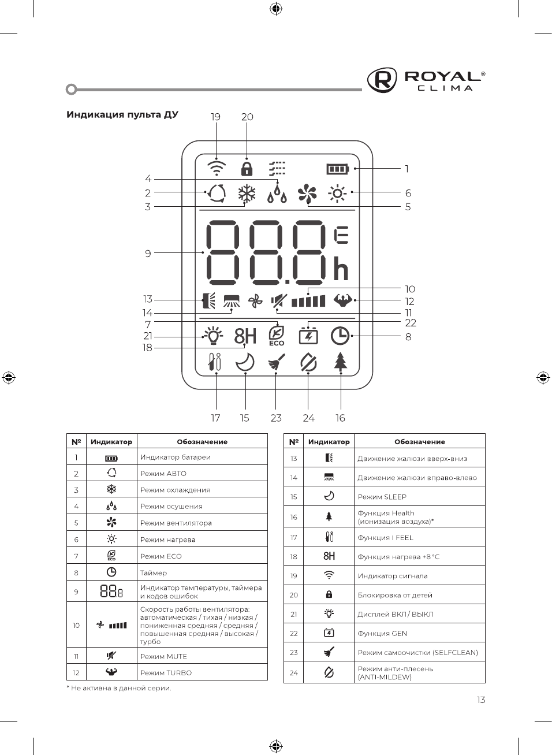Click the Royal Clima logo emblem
pyautogui.click(x=382, y=80)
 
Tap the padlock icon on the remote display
pyautogui.click(x=247, y=169)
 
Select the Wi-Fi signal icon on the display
pyautogui.click(x=217, y=168)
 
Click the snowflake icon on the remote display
pyautogui.click(x=247, y=194)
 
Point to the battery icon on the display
pyautogui.click(x=338, y=169)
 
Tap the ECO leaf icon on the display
pyautogui.click(x=277, y=336)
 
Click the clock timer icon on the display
pyautogui.click(x=340, y=336)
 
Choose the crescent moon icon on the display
pyautogui.click(x=245, y=362)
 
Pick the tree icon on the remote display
pyautogui.click(x=341, y=362)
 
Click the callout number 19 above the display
pyautogui.click(x=215, y=117)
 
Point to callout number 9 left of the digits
pyautogui.click(x=148, y=253)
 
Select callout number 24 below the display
pyautogui.click(x=308, y=418)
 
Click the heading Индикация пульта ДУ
pyautogui.click(x=122, y=114)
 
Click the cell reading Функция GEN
pyautogui.click(x=382, y=633)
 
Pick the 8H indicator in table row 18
pyautogui.click(x=329, y=556)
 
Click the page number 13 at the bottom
pyautogui.click(x=481, y=700)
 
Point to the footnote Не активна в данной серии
pyautogui.click(x=121, y=688)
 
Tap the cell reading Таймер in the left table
pyautogui.click(x=154, y=572)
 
